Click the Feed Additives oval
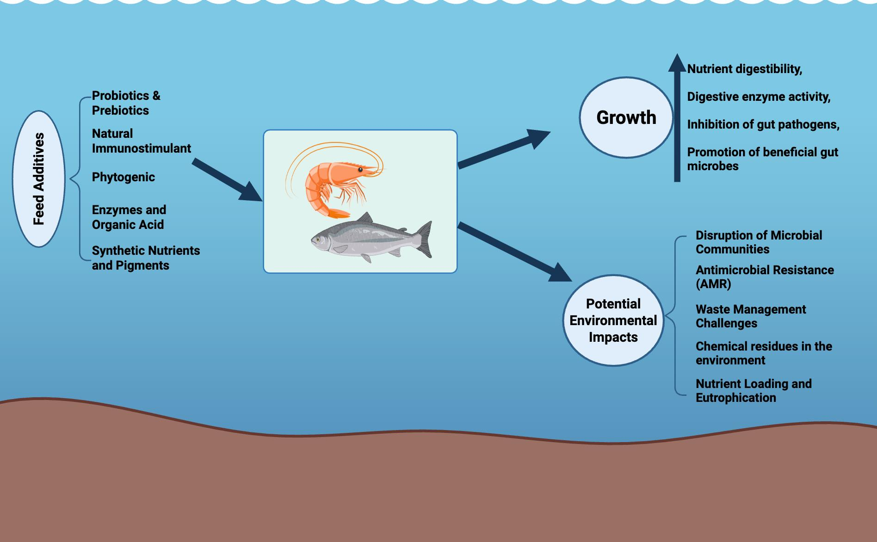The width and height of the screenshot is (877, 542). pyautogui.click(x=38, y=179)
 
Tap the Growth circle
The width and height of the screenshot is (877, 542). pyautogui.click(x=626, y=117)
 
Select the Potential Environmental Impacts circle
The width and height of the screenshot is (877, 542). pyautogui.click(x=613, y=320)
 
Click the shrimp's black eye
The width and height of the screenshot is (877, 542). pyautogui.click(x=360, y=170)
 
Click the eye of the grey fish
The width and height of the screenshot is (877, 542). pyautogui.click(x=318, y=239)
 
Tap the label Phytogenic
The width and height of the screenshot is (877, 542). pyautogui.click(x=123, y=177)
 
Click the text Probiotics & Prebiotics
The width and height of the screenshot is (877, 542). pyautogui.click(x=126, y=103)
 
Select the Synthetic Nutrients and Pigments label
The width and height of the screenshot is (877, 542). pyautogui.click(x=146, y=258)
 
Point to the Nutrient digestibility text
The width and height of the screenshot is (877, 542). pyautogui.click(x=744, y=69)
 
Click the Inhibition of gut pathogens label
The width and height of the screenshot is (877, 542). pyautogui.click(x=763, y=124)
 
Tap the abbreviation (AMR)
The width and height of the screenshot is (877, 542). pyautogui.click(x=713, y=284)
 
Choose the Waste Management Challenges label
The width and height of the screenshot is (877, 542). pyautogui.click(x=750, y=316)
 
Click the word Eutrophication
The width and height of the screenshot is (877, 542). pyautogui.click(x=735, y=398)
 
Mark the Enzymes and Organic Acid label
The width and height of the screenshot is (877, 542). pyautogui.click(x=129, y=217)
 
